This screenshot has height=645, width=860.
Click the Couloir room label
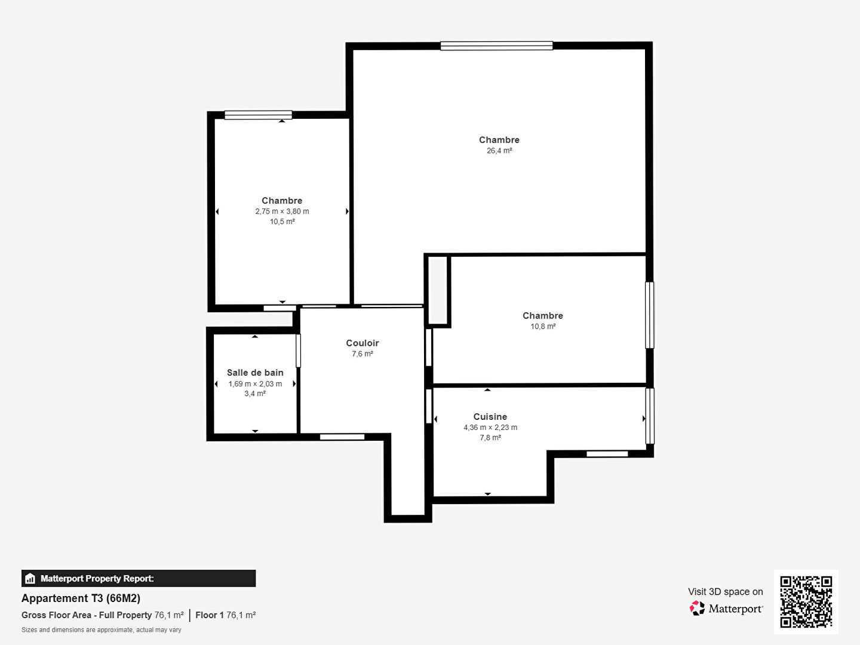pyautogui.click(x=363, y=343)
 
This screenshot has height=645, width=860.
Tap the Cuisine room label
pyautogui.click(x=490, y=417)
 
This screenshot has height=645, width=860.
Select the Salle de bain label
pyautogui.click(x=255, y=373)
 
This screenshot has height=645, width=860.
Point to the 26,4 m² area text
pyautogui.click(x=499, y=150)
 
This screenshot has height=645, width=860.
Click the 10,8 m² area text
pyautogui.click(x=543, y=326)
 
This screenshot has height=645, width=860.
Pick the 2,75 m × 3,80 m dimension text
pyautogui.click(x=282, y=211)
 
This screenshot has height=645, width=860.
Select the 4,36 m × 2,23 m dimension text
pyautogui.click(x=490, y=427)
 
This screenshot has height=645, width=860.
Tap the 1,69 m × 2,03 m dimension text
pyautogui.click(x=255, y=384)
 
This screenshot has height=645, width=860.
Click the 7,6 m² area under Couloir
pyautogui.click(x=363, y=354)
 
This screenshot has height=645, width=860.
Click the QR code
pyautogui.click(x=806, y=602)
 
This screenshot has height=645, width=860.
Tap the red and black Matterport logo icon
pyautogui.click(x=697, y=608)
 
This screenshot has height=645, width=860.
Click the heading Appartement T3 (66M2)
pyautogui.click(x=81, y=598)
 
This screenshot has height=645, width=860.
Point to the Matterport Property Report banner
pyautogui.click(x=139, y=579)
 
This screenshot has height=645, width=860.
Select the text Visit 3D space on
pyautogui.click(x=725, y=592)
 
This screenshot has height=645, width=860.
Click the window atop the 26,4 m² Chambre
pyautogui.click(x=496, y=46)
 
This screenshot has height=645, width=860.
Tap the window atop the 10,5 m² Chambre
pyautogui.click(x=258, y=115)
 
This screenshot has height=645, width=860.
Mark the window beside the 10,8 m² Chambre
pyautogui.click(x=650, y=315)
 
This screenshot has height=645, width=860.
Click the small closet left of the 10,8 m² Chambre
pyautogui.click(x=438, y=290)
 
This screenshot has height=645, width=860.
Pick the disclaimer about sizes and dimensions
pyautogui.click(x=101, y=629)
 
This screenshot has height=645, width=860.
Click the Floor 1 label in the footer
pyautogui.click(x=210, y=615)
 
